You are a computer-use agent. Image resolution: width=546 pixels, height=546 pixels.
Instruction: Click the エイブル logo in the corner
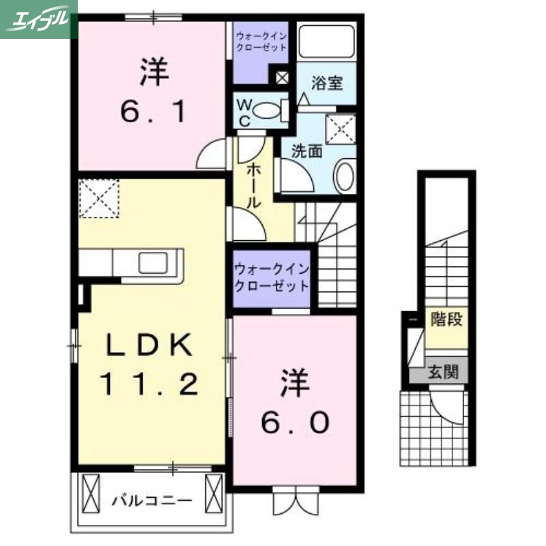coord(38,18)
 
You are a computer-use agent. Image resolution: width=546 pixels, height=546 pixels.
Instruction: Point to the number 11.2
coord(151,386)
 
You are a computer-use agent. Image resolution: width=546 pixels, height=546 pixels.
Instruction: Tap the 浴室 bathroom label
coord(327,84)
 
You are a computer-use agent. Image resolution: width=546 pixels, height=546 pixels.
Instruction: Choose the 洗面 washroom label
coord(306,151)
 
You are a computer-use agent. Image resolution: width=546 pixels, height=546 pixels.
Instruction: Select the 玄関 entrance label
coord(443,373)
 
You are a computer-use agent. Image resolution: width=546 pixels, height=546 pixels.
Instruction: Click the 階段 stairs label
coord(444,318)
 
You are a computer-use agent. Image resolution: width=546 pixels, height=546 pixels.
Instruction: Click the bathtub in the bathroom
coord(328,42)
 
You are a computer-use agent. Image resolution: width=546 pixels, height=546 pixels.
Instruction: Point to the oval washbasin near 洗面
coord(344,175)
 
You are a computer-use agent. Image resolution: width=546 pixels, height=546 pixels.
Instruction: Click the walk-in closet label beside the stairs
coord(272,277)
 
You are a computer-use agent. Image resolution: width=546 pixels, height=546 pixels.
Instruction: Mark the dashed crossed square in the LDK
coord(99,199)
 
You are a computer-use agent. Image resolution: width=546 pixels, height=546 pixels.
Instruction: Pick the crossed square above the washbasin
coord(341,129)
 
